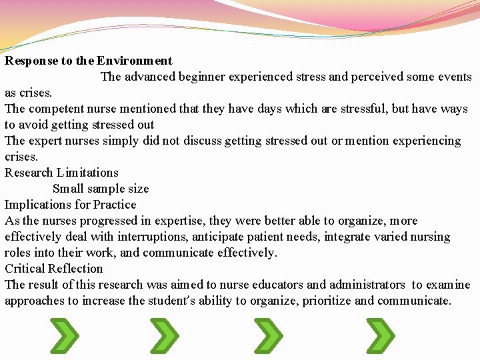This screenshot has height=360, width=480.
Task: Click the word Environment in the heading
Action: pyautogui.click(x=134, y=61)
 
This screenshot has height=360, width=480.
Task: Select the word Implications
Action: pyautogui.click(x=37, y=205)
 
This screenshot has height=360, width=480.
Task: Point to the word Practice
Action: pyautogui.click(x=115, y=205)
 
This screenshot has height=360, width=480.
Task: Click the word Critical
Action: pyautogui.click(x=27, y=269)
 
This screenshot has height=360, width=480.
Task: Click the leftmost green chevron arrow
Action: pyautogui.click(x=65, y=335)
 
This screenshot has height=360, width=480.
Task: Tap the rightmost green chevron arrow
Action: pyautogui.click(x=381, y=335)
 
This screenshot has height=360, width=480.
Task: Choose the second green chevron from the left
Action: pyautogui.click(x=164, y=335)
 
